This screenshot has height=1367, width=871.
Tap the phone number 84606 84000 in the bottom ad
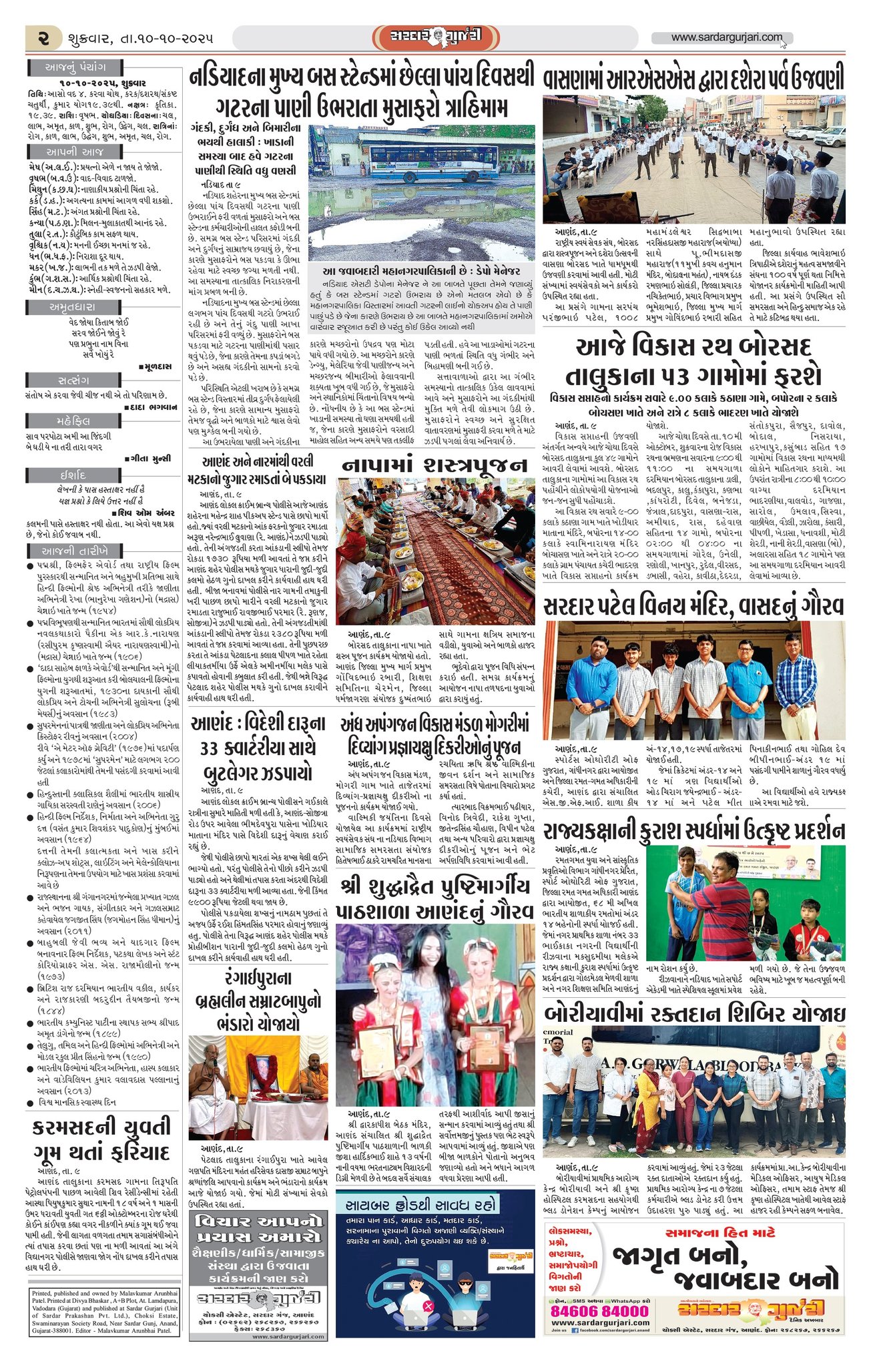click(599, 1310)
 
